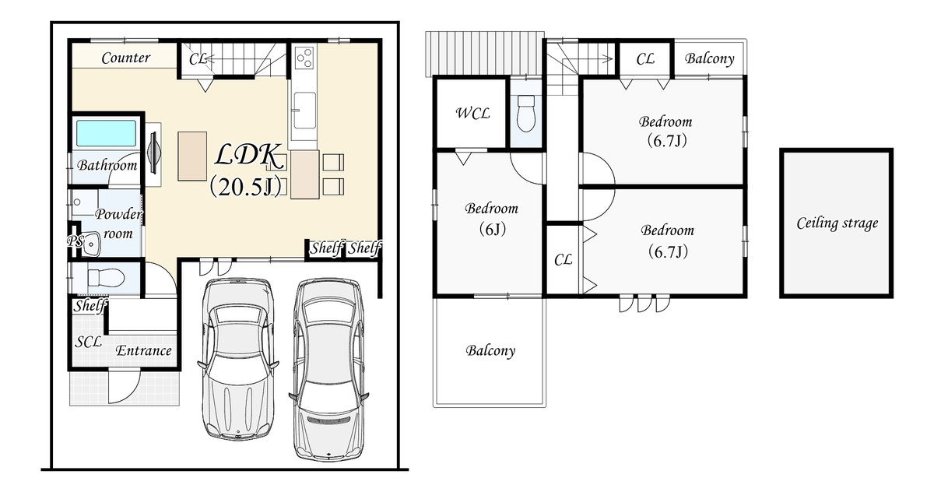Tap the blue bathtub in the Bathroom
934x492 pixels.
[107, 133]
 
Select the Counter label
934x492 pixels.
[125, 58]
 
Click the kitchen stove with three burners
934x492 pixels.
[304, 58]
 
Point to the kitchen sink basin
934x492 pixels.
[304, 111]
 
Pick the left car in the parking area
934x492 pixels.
[237, 359]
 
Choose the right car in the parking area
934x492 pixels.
[328, 370]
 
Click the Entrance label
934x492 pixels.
[143, 350]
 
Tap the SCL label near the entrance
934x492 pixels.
[88, 343]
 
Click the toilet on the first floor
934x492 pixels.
[106, 277]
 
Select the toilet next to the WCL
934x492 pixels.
[526, 113]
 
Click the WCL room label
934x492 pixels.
[472, 113]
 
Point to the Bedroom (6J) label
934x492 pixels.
[492, 218]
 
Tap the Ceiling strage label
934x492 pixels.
[837, 223]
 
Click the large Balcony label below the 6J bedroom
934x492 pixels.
[490, 350]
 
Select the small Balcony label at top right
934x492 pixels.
[709, 58]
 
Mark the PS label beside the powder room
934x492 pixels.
[75, 241]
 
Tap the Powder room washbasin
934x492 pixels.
[91, 244]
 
